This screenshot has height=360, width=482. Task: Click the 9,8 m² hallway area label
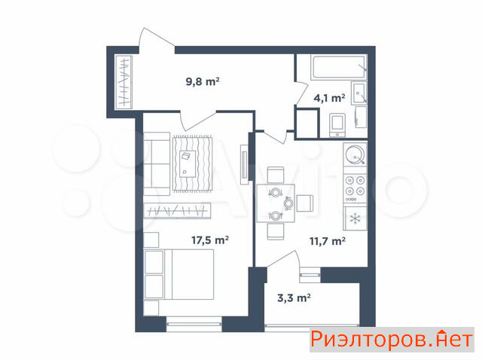(x=203, y=82)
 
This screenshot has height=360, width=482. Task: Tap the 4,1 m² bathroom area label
(x=329, y=98)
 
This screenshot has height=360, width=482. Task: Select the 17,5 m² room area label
(x=210, y=239)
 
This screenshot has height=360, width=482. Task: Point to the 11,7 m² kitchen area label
(x=328, y=241)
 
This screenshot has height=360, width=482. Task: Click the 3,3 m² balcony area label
(x=294, y=297)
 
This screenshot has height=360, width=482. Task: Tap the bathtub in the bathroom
(x=339, y=67)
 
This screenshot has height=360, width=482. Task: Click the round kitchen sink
(x=355, y=154)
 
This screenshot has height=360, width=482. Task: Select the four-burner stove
(x=355, y=188)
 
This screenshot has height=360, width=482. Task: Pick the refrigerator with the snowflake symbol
(x=355, y=218)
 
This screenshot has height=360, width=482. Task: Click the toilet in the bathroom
(x=337, y=125)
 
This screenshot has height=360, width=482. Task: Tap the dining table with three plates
(x=276, y=203)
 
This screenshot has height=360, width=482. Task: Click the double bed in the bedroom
(x=179, y=274)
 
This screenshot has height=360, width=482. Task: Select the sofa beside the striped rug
(x=157, y=164)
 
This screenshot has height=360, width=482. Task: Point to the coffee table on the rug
(x=187, y=163)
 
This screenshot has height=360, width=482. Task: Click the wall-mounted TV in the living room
(x=245, y=164)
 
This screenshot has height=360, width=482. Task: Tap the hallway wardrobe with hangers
(x=124, y=82)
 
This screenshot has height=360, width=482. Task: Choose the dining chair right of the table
(x=304, y=203)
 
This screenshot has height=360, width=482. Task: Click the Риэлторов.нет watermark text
(x=392, y=340)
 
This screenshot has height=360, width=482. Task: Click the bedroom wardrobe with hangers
(x=178, y=211)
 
